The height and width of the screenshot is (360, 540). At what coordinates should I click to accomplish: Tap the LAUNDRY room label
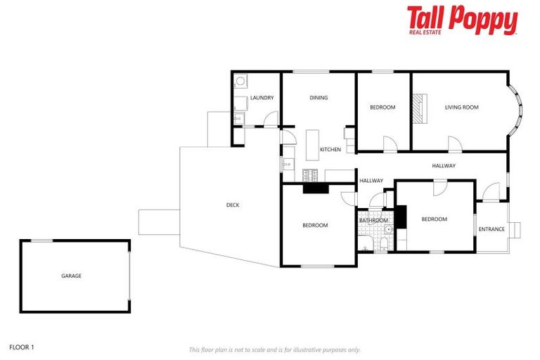point(262,98)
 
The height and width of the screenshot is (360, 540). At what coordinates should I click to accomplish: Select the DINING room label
point(319,98)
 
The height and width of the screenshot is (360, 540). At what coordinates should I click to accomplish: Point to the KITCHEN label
point(330,150)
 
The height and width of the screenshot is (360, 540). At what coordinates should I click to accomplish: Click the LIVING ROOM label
point(461,108)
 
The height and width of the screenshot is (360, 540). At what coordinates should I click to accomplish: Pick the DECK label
point(233,205)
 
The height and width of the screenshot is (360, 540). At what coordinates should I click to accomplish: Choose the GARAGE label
point(71,276)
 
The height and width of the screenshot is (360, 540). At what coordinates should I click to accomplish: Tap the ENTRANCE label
point(491,229)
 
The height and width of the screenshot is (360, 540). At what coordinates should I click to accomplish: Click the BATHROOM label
point(373,221)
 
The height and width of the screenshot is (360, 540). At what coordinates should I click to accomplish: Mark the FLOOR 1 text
point(22,347)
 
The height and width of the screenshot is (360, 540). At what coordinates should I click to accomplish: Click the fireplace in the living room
point(418,109)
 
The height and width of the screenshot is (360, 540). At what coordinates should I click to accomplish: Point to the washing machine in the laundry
point(240,82)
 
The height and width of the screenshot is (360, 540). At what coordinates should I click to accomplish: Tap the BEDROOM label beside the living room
point(382,108)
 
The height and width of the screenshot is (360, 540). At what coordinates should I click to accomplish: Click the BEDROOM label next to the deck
point(315,226)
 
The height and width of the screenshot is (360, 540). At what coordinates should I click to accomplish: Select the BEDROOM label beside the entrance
point(434,219)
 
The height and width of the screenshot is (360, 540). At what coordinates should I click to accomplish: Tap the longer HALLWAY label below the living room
point(444,166)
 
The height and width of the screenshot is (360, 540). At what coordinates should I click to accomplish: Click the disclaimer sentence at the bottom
point(275,349)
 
